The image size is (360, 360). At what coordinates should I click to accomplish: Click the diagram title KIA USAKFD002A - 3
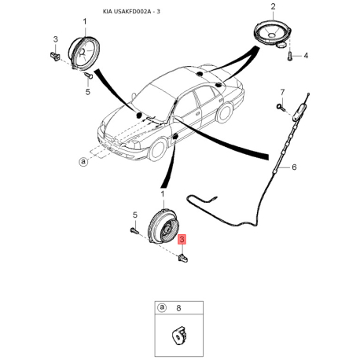131,12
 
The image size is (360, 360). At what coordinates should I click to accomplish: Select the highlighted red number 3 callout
182,239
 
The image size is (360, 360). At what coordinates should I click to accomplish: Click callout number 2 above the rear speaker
273,6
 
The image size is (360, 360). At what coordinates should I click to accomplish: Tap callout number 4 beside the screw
306,56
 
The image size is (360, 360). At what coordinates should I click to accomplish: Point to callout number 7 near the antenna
282,93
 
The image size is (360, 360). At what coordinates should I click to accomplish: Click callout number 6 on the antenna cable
294,167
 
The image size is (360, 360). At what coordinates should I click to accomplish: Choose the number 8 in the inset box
178,308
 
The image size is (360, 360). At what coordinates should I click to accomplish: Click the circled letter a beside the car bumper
83,161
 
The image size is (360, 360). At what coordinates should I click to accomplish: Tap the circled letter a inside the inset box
162,307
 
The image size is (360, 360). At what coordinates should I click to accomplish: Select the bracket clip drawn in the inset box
179,335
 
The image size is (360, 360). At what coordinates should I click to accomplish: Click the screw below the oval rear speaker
290,56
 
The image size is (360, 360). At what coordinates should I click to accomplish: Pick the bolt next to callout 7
281,107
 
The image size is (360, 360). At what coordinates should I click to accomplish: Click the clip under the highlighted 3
182,259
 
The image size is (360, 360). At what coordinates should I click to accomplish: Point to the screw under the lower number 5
134,230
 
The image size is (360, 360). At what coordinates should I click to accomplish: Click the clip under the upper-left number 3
55,56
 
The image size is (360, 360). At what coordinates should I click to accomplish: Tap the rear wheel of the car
225,113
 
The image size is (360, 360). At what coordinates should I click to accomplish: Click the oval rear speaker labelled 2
272,32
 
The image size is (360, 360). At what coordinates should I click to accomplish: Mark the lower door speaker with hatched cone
163,226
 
